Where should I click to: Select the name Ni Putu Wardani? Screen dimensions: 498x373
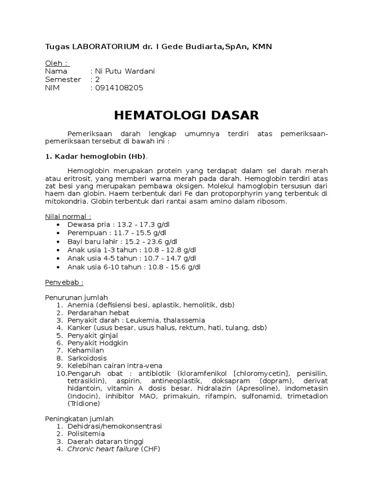126,71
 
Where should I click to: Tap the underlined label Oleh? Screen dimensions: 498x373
57,63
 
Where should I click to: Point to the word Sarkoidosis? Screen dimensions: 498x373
87,358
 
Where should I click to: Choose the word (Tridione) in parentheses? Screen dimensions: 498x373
84,403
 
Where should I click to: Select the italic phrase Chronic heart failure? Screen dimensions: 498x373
103,449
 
